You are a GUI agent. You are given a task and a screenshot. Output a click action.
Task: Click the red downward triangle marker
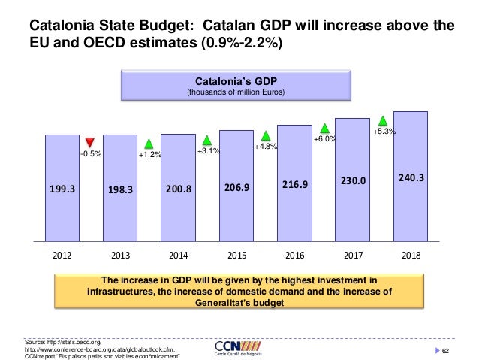pos(90,142)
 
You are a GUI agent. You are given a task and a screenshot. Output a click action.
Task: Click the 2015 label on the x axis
pos(236,255)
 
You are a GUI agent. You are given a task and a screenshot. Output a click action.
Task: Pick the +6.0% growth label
pos(324,139)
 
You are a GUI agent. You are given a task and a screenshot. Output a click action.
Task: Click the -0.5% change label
pos(91,154)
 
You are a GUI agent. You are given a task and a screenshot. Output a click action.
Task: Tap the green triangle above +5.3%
pos(382,119)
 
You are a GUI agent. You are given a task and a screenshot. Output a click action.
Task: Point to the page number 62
pos(444,351)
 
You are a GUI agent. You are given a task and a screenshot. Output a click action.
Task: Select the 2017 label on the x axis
pos(352,255)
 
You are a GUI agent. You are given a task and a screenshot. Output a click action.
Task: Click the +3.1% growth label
pos(208,151)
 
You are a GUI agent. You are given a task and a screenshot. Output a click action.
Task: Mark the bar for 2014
pos(179,188)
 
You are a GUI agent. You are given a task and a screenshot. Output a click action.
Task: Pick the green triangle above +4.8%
pos(266,135)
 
